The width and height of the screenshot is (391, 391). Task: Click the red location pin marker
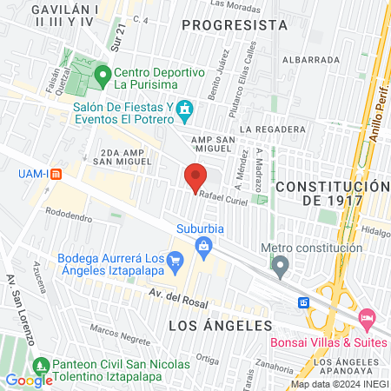tap(195, 178)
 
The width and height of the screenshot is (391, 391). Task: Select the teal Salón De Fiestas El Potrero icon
tap(184, 110)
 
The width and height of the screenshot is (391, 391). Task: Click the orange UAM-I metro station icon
tap(58, 173)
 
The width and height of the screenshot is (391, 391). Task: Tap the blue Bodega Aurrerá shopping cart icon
tap(176, 259)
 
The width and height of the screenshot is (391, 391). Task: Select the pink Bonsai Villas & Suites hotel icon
tap(366, 320)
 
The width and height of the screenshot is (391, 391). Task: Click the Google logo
tap(29, 380)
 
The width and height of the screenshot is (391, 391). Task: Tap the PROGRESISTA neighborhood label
tap(236, 25)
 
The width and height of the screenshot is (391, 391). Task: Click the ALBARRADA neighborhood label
tap(317, 60)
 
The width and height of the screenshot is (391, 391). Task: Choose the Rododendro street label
tap(69, 212)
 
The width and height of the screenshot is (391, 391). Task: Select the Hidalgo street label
tap(376, 232)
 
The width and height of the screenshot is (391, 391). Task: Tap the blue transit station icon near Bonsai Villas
tap(304, 302)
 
